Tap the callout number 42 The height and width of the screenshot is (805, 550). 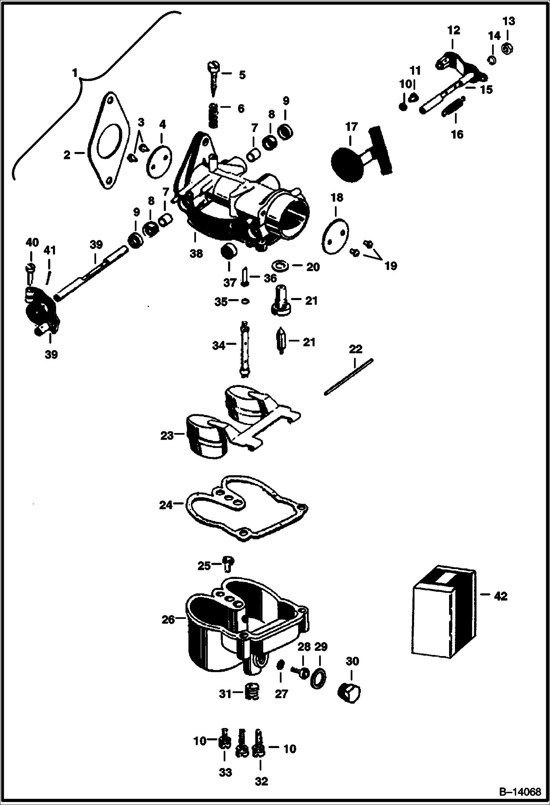(500, 596)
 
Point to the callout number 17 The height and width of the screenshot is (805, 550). (351, 127)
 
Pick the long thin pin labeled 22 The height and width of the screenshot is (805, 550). (348, 377)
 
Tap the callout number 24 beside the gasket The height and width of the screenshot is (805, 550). (166, 505)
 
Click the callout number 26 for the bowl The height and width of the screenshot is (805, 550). (168, 619)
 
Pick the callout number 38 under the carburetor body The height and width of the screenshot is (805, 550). (196, 253)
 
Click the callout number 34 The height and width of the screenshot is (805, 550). (219, 345)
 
